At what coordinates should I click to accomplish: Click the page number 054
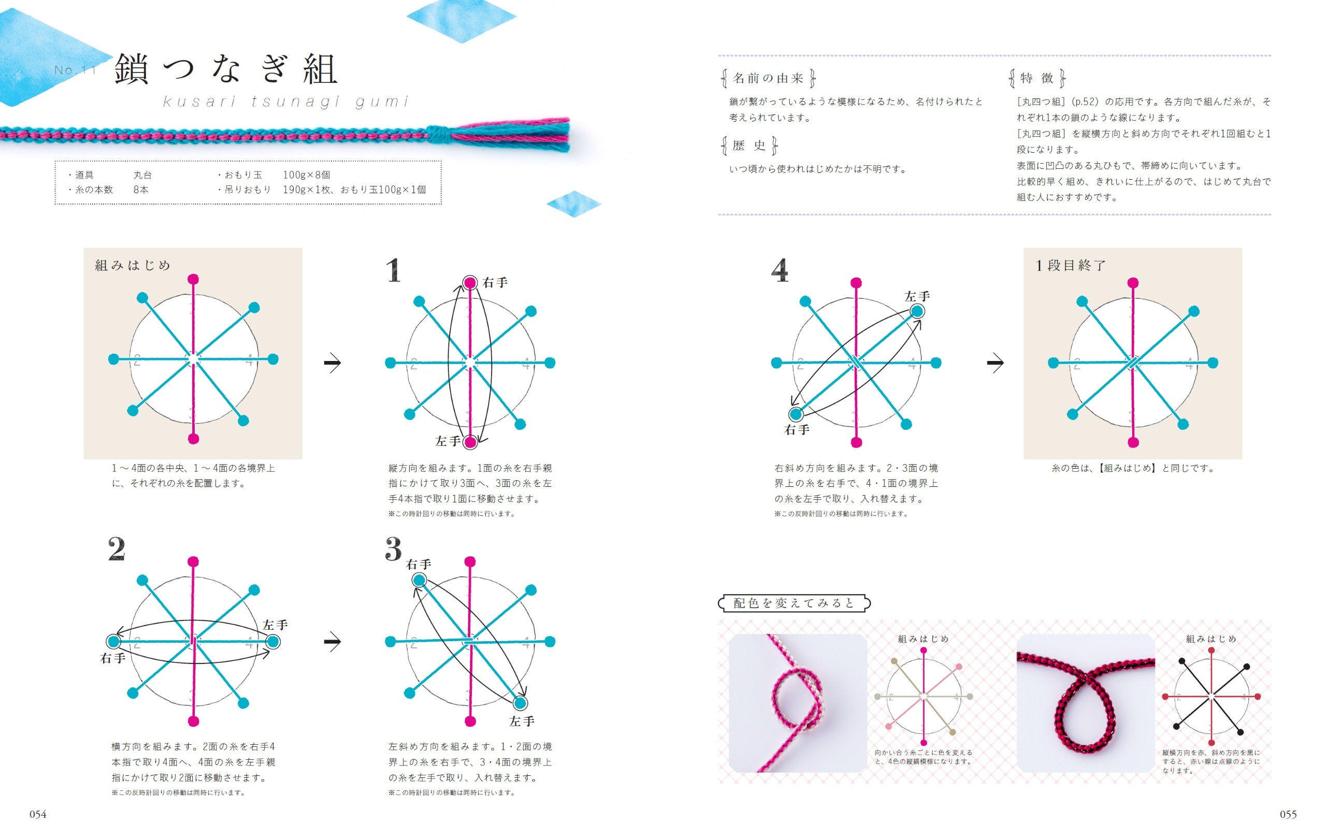click(37, 814)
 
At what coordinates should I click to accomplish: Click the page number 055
click(1288, 814)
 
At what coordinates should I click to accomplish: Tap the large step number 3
click(393, 550)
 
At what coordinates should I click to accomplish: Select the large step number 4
click(779, 270)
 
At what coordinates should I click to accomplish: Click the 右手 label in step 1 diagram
click(495, 283)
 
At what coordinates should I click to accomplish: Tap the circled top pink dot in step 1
click(470, 283)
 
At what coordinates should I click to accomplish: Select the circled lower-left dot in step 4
click(795, 414)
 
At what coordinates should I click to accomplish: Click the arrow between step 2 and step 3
click(332, 641)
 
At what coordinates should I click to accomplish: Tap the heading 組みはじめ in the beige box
click(133, 265)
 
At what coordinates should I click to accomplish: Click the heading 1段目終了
click(1071, 265)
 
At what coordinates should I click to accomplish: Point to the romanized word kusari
click(199, 102)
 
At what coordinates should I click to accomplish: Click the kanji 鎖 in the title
click(132, 70)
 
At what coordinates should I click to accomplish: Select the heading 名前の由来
click(768, 78)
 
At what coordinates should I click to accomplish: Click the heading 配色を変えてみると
click(794, 603)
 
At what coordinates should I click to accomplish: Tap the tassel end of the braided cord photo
click(512, 135)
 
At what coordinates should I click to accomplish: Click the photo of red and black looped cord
click(1085, 702)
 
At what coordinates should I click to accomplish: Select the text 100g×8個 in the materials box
click(306, 175)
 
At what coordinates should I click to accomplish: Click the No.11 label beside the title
click(76, 70)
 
